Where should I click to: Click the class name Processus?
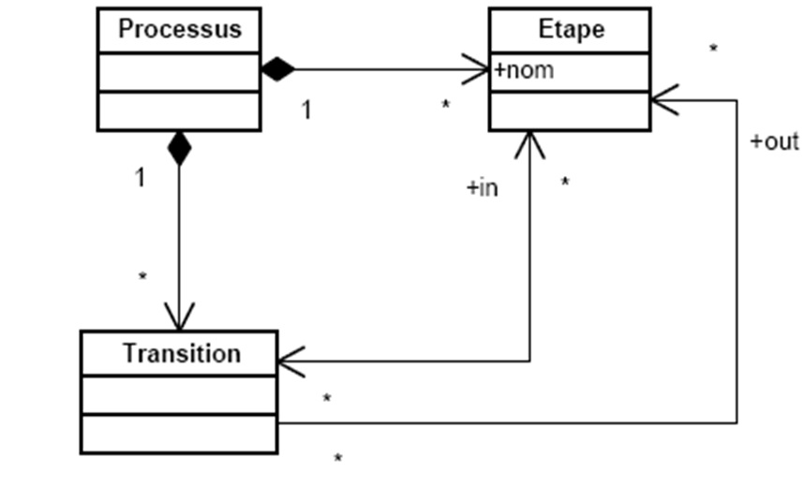179,29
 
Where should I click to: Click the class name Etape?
571,29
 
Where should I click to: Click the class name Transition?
181,354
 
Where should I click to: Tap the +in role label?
482,188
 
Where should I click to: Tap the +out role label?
774,141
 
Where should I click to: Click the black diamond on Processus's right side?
277,68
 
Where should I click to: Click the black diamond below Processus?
178,148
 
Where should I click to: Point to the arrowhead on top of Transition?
178,317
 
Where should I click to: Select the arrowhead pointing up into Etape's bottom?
529,144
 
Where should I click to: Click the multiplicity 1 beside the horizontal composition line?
305,110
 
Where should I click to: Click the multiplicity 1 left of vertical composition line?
140,178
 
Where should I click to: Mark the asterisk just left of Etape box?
446,105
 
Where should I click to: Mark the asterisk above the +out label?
714,49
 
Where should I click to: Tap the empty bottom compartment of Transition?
178,434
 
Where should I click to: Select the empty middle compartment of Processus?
178,72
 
